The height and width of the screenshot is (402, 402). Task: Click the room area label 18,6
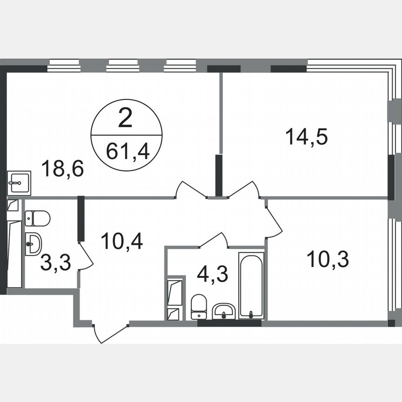[62, 168]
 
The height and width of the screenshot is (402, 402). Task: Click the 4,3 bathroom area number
[212, 274]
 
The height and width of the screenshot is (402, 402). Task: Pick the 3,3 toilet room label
[55, 263]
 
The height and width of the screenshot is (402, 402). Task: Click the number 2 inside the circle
[125, 120]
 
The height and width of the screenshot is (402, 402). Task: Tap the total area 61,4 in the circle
[127, 152]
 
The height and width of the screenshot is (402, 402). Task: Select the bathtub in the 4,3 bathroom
[251, 286]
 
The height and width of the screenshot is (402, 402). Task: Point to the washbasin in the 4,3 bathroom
[224, 310]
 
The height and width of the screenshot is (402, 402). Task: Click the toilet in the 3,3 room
[37, 218]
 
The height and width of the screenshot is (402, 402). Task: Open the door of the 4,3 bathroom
[214, 240]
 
